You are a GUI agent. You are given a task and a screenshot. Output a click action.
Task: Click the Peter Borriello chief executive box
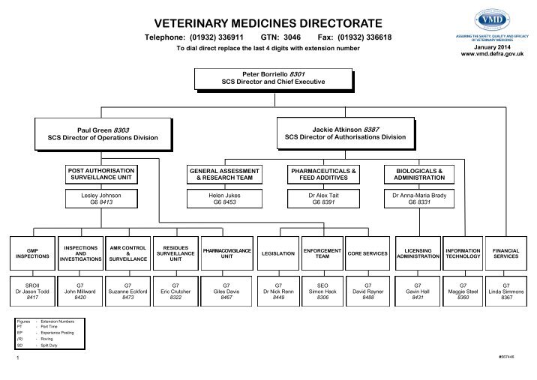274,77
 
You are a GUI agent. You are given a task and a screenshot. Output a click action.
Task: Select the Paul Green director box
104,133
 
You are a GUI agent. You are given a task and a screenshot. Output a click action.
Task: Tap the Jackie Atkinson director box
345,133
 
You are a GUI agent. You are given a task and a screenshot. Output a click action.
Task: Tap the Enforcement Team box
322,253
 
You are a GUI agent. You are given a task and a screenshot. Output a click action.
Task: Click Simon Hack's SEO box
322,291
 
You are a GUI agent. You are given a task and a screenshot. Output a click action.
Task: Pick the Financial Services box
505,253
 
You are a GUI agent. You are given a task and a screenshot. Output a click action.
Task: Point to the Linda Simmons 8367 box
505,291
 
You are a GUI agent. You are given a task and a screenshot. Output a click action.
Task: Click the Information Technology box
462,253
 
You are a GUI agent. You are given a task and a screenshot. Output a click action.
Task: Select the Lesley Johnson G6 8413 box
105,198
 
